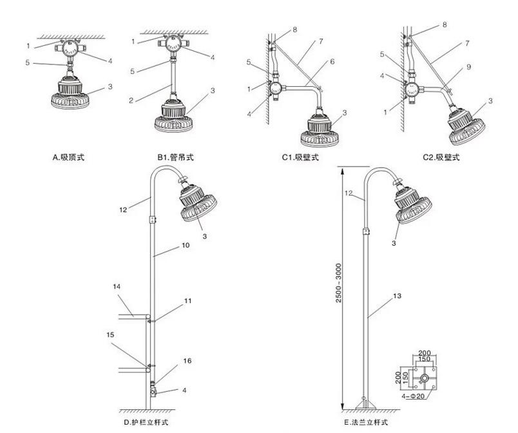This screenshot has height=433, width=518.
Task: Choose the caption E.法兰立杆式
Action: [x=366, y=423]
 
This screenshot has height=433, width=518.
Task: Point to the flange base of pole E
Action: [x=365, y=403]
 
